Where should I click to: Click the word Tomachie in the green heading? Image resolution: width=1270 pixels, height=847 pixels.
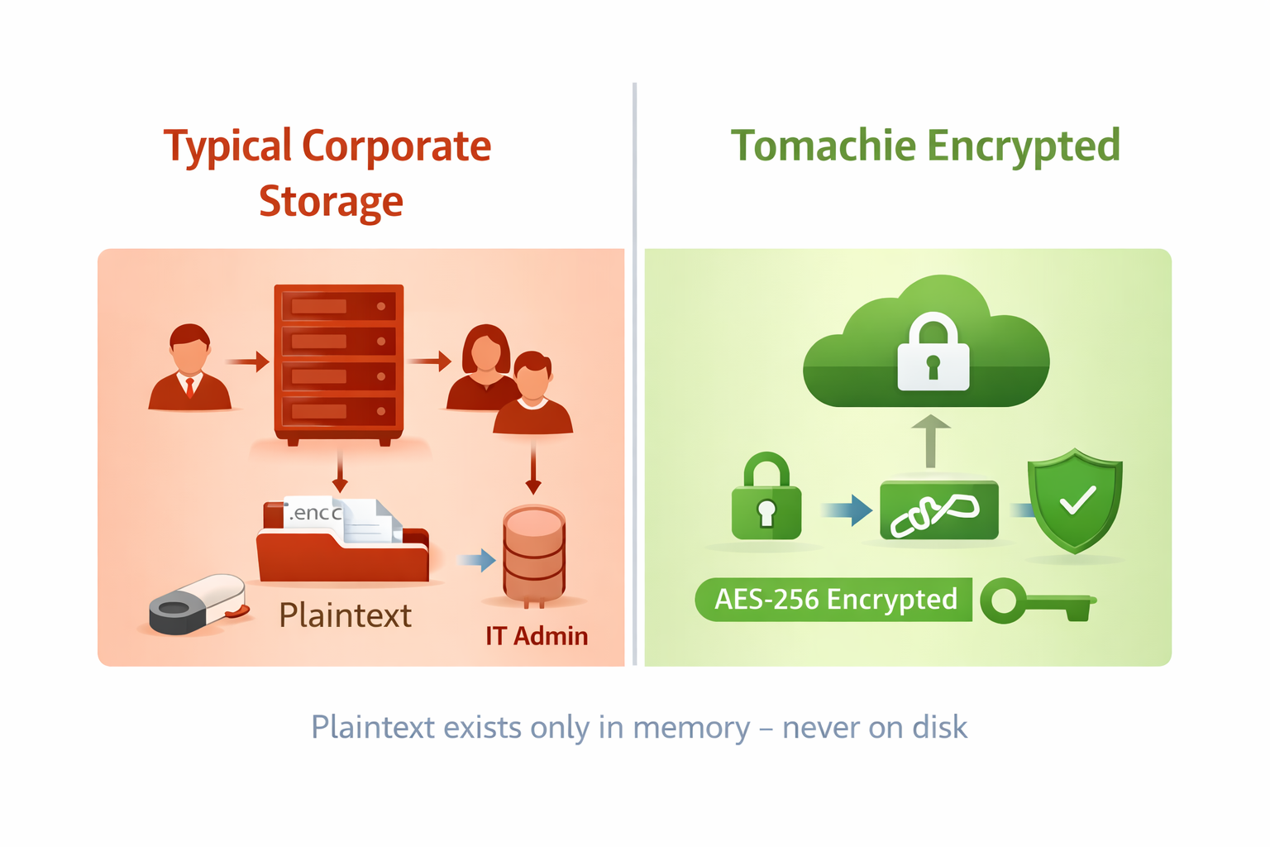coord(823,146)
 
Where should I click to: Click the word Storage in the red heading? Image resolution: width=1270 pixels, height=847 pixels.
coord(331,202)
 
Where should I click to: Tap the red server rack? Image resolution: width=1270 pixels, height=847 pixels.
coord(338,361)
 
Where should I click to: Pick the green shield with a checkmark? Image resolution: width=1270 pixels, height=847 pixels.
coord(1074,500)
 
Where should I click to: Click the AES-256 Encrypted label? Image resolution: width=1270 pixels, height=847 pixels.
coord(834,600)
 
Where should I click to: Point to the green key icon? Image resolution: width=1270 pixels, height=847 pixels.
coord(1036,601)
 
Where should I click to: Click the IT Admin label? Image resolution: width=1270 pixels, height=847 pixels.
coord(537,636)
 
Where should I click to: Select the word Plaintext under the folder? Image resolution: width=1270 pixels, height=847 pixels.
coord(345,615)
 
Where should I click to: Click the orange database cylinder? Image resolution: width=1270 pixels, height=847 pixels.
coord(534,553)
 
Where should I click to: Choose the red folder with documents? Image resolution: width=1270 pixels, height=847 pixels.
coord(342,546)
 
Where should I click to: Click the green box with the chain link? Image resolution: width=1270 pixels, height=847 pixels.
coord(938,510)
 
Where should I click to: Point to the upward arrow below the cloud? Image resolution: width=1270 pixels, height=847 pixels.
coord(931,441)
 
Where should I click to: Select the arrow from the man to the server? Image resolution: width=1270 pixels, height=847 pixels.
coord(247,361)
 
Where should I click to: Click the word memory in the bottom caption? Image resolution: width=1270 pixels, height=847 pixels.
coord(691,728)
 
